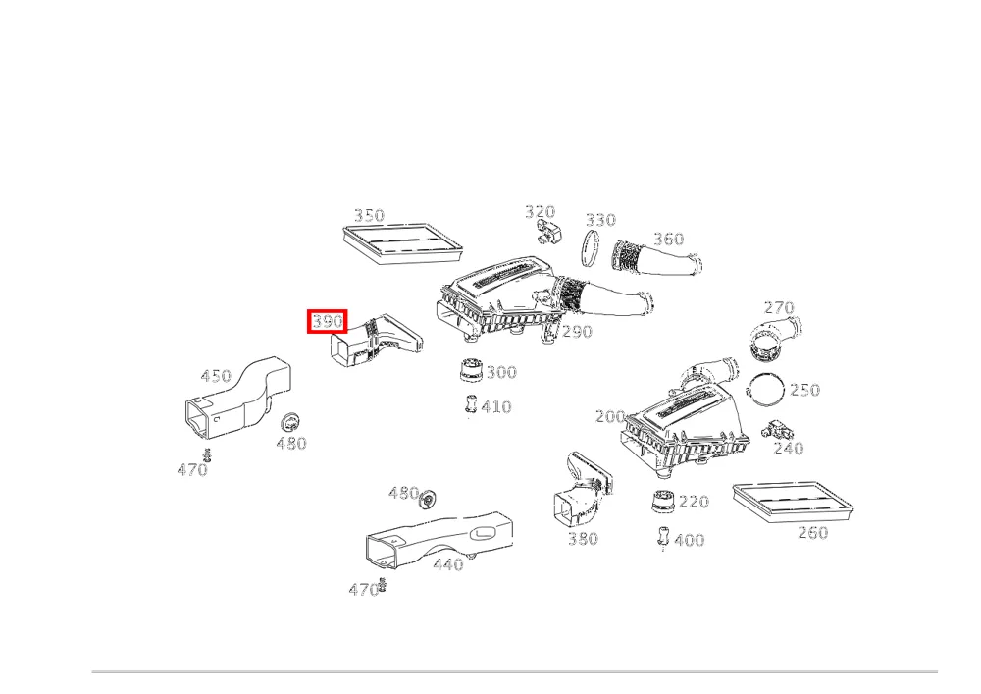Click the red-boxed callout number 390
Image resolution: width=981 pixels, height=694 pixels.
328,322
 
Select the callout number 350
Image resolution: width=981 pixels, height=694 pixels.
369,215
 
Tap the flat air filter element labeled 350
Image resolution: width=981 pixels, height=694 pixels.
403,244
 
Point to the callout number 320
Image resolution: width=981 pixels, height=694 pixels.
540,211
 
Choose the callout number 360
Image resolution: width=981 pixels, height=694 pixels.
669,240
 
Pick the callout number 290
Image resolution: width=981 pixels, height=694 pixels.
577,331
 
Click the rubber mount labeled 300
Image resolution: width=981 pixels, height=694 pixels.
469,369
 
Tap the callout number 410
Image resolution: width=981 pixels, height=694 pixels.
496,406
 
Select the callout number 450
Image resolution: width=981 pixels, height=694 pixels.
216,376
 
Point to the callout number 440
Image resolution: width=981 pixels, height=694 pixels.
448,564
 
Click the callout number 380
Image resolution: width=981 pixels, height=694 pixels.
583,538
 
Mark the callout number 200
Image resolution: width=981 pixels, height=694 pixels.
610,416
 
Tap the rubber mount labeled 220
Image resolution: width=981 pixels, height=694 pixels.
662,502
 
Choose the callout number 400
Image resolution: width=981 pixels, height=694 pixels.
690,540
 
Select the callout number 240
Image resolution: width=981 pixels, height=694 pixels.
789,448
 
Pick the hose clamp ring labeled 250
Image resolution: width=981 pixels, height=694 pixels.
749,389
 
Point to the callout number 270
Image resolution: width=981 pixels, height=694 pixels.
779,308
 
